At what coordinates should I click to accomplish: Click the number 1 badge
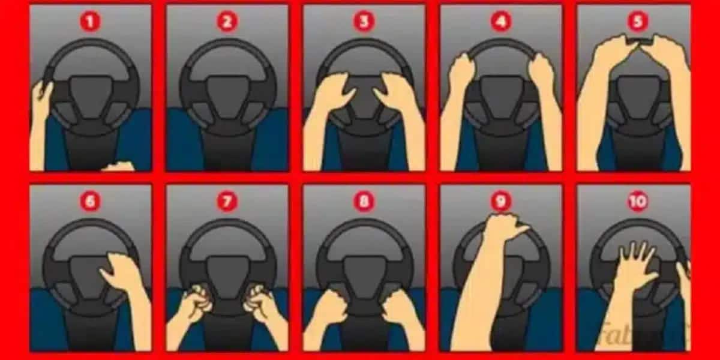tap(90, 22)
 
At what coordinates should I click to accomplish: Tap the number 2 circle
tap(226, 22)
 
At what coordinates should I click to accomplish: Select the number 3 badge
tap(364, 22)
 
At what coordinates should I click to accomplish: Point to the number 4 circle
tap(500, 22)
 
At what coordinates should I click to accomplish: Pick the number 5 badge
tap(637, 22)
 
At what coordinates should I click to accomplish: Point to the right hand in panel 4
tap(541, 72)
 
